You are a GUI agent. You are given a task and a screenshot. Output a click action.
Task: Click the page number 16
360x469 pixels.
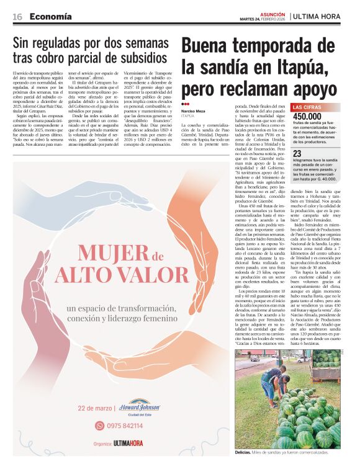(17, 16)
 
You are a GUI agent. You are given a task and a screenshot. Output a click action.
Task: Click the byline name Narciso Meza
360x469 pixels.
(194, 112)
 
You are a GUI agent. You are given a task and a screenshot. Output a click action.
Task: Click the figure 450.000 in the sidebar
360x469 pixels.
(307, 117)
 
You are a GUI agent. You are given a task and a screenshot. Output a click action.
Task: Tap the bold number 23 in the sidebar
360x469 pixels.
(297, 153)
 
